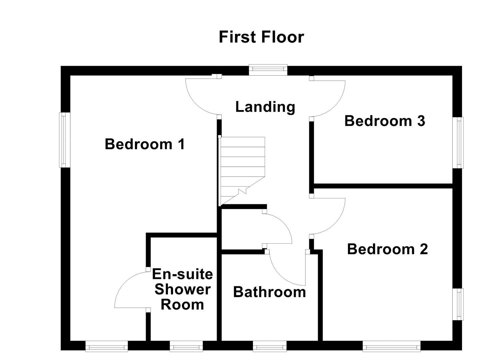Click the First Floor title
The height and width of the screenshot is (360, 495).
click(261, 37)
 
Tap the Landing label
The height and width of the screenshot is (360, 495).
click(265, 107)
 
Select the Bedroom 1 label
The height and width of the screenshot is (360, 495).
click(145, 144)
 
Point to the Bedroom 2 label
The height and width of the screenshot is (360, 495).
click(387, 249)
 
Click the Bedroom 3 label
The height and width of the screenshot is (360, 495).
click(385, 121)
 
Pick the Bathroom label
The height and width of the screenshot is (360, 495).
click(269, 292)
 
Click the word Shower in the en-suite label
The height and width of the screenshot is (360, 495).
click(182, 289)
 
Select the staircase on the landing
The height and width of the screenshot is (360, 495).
click(242, 170)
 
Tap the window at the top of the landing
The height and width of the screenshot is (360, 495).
click(268, 69)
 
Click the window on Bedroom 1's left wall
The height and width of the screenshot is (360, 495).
click(65, 140)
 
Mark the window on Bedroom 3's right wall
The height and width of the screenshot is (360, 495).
click(460, 142)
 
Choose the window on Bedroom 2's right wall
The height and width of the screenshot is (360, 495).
click(460, 304)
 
